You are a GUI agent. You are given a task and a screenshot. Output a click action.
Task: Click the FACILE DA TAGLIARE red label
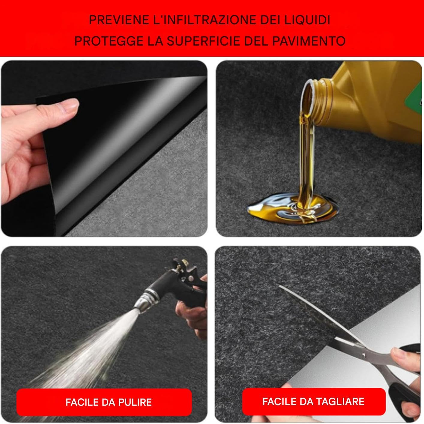coord(313,401)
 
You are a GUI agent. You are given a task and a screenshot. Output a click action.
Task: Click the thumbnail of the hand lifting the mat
coord(104,148)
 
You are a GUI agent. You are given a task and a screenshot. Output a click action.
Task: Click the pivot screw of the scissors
coord(363,355)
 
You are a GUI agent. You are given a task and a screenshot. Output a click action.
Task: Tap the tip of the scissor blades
coord(279,286)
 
